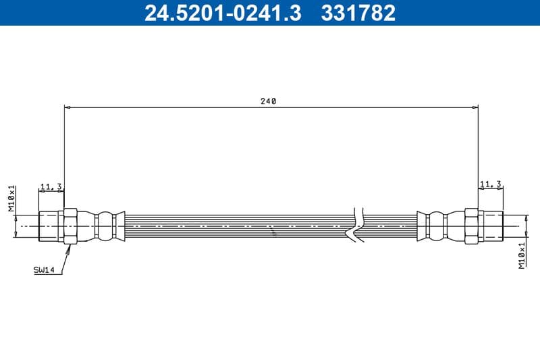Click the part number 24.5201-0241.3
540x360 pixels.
point(223,13)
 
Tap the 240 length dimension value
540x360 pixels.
point(268,101)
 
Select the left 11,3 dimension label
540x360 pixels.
point(51,186)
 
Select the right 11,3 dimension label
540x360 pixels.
point(490,184)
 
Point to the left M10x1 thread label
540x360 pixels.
point(11,199)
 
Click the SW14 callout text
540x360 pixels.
point(44,270)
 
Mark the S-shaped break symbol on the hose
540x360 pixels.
point(356,223)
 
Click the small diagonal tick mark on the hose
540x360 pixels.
point(273,232)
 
